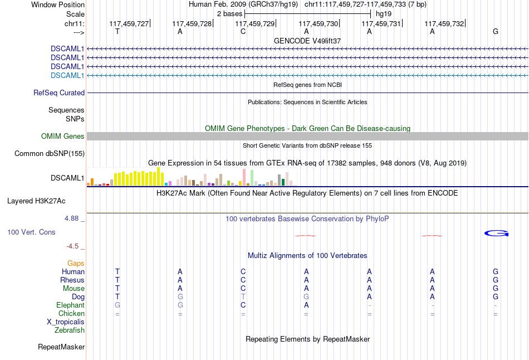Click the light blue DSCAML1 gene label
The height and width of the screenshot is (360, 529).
[x=67, y=75]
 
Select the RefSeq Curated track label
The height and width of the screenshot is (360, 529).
[x=59, y=93]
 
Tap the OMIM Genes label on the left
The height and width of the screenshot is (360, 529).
[x=62, y=137]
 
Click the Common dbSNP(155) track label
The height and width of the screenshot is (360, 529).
[x=50, y=154]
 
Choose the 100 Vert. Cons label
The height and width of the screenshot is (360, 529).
[x=31, y=232]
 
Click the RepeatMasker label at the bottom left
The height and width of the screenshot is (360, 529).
[x=61, y=347]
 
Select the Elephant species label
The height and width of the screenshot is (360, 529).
[x=70, y=305]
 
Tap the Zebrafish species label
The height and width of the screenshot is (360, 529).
[x=70, y=330]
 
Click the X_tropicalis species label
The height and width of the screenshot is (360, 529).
[x=66, y=322]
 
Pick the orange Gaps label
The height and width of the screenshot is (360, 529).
[x=76, y=263]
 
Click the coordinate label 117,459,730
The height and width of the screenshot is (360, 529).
[x=319, y=23]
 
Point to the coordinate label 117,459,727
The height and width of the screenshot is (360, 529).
[x=129, y=23]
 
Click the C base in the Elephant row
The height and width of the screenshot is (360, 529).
[x=243, y=305]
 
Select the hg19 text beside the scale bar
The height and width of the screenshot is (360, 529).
[x=384, y=13]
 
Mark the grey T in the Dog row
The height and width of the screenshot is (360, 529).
[x=243, y=297]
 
